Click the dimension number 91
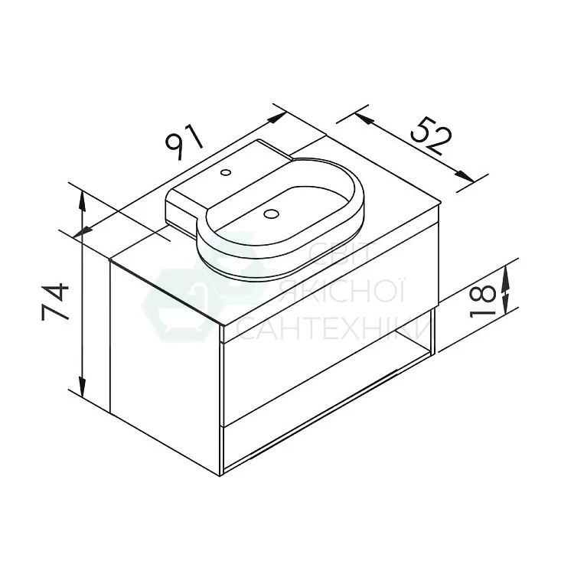coord(184,142)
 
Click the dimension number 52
coord(431,135)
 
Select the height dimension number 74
coord(55,302)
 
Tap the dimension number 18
coord(482,302)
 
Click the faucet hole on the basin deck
coord(226,171)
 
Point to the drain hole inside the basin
coord(271,214)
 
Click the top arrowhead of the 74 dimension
coord(83,201)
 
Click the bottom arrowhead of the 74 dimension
coord(83,387)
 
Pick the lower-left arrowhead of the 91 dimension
coord(83,232)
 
